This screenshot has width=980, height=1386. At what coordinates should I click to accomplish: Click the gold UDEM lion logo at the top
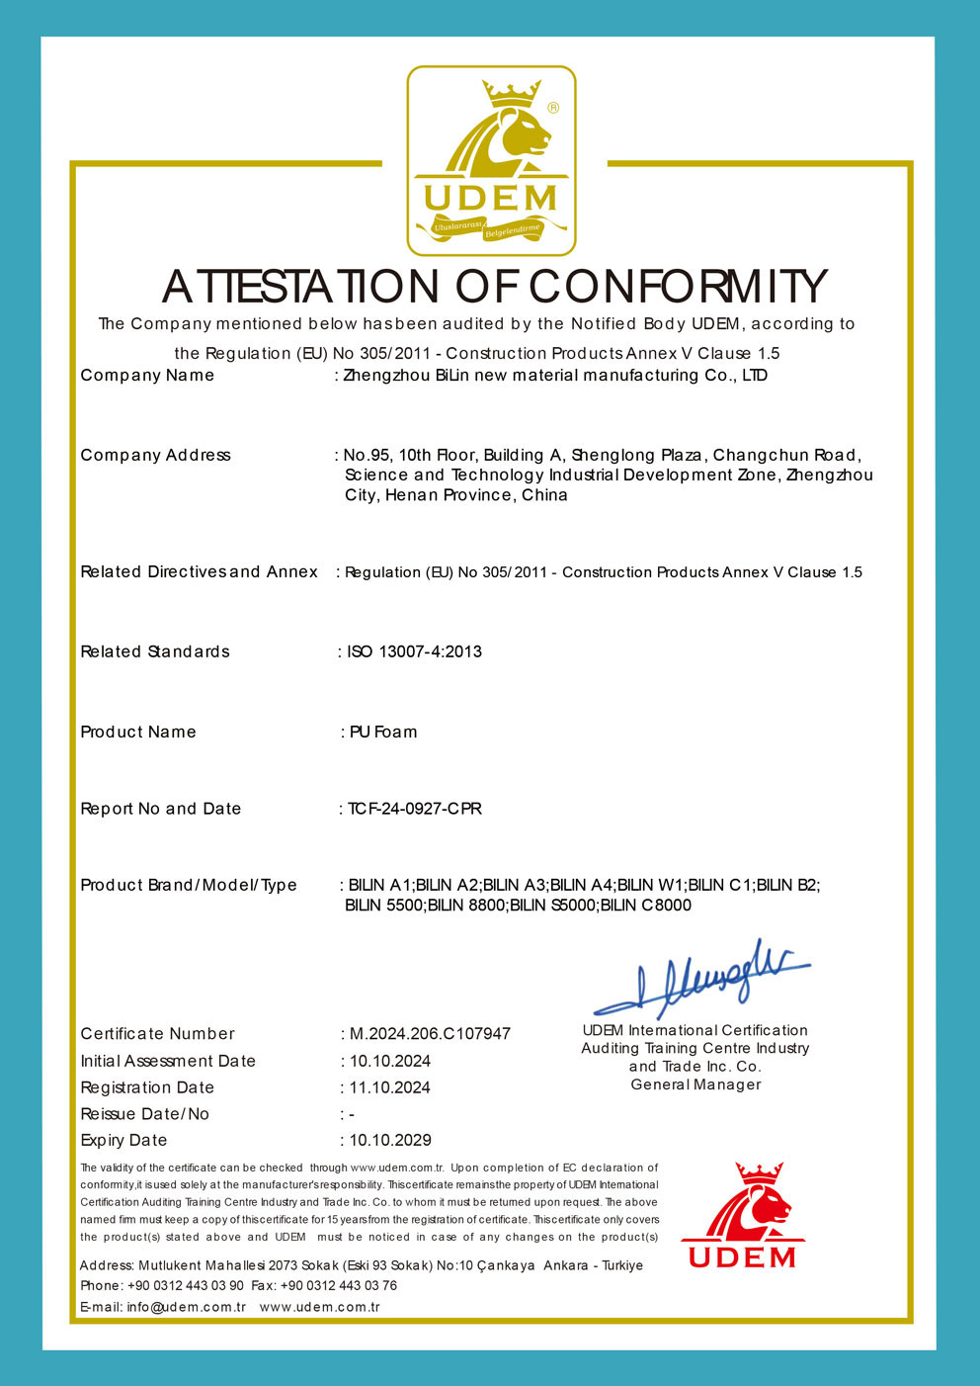click(x=491, y=161)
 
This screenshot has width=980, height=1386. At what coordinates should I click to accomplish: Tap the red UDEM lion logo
click(x=743, y=1216)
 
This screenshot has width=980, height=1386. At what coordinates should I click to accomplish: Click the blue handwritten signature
click(x=701, y=979)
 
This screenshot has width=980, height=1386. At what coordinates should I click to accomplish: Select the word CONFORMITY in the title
click(x=678, y=287)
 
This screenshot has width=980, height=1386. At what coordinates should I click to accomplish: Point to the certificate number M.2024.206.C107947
click(x=430, y=1034)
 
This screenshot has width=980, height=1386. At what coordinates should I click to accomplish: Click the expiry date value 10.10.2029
click(x=390, y=1140)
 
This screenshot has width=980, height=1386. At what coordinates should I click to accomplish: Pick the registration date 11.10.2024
click(x=390, y=1087)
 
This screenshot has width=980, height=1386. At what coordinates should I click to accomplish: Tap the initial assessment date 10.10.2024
click(x=390, y=1061)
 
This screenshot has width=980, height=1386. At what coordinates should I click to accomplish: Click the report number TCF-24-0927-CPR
click(x=415, y=809)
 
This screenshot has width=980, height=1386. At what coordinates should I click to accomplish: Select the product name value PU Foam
click(x=383, y=732)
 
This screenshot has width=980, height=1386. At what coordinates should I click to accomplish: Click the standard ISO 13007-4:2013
click(x=414, y=651)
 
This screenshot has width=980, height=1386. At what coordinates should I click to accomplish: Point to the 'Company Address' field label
click(x=155, y=455)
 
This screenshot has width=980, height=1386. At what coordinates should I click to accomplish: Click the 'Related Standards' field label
click(x=155, y=651)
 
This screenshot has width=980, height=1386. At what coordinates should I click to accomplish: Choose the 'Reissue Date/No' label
click(x=145, y=1114)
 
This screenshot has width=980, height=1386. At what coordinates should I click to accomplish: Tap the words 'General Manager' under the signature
click(x=695, y=1084)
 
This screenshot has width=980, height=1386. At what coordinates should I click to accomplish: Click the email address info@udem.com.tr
click(x=186, y=1307)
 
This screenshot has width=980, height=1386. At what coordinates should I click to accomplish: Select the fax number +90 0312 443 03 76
click(x=339, y=1285)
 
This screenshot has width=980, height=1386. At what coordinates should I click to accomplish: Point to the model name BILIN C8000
click(x=646, y=906)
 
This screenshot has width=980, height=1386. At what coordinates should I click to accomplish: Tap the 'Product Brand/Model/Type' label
click(x=189, y=885)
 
